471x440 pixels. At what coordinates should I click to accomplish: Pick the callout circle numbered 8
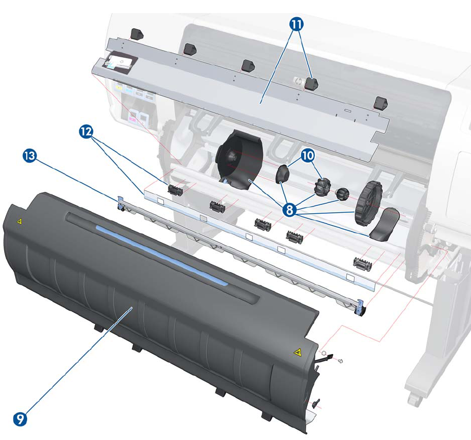click(292, 210)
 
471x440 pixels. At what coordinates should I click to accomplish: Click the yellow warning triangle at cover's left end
click(19, 221)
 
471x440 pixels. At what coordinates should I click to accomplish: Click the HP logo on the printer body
click(298, 80)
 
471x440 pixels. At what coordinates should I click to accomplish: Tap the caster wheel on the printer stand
click(415, 400)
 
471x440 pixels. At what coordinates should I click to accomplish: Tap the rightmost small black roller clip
click(362, 264)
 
